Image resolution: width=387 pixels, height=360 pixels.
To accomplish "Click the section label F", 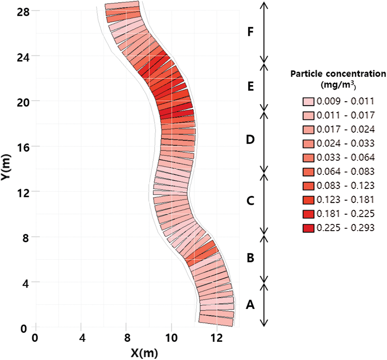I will [x=250, y=32].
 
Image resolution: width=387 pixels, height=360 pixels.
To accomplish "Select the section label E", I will [x=251, y=86].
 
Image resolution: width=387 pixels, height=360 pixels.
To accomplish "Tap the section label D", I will [x=250, y=139].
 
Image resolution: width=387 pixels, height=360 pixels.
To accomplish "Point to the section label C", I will [x=250, y=201].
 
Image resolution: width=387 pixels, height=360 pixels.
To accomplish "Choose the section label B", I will [x=250, y=257].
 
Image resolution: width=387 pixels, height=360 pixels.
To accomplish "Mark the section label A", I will [x=250, y=305].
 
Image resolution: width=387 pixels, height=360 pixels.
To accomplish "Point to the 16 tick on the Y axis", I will [x=23, y=147].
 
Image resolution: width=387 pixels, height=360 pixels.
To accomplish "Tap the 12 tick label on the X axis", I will [x=216, y=338].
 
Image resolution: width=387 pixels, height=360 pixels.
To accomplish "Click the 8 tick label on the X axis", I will [x=127, y=338].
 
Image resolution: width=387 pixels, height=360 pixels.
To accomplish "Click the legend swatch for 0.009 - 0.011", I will [x=308, y=102].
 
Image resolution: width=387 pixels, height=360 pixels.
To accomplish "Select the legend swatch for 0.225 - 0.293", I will [x=308, y=228].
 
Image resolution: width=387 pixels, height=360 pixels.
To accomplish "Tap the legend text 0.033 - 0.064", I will [x=345, y=157].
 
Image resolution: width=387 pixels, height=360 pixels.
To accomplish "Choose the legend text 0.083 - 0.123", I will [x=345, y=186].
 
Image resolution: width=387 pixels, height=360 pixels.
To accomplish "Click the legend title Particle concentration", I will [x=338, y=74].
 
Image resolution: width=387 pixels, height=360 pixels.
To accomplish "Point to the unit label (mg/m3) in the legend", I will [x=338, y=85].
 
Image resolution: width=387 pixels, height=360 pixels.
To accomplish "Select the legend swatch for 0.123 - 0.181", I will [x=308, y=200].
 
